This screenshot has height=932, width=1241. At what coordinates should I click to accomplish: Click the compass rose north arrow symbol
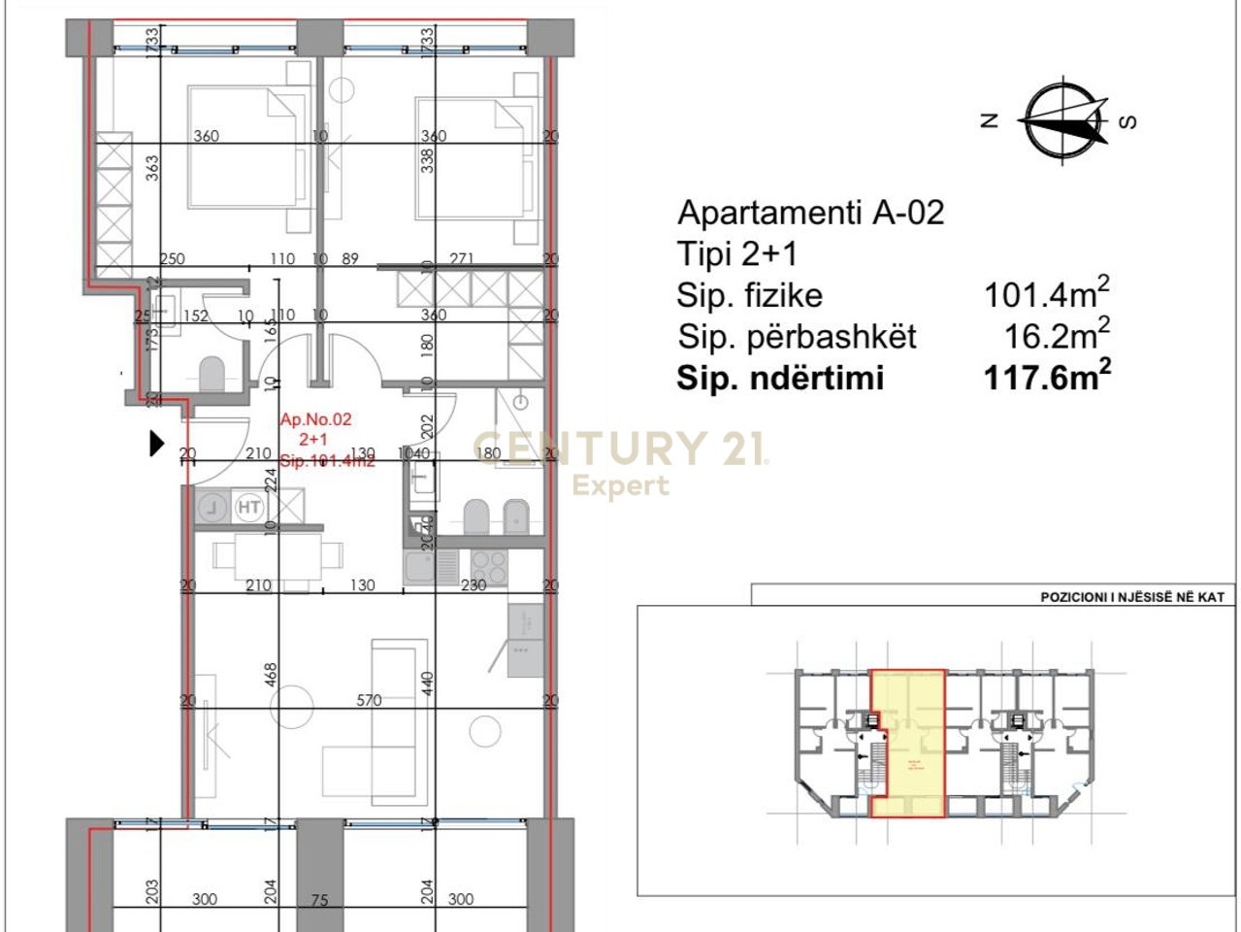[x=1065, y=121]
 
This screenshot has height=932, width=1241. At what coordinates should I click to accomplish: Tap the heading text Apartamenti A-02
[x=810, y=213]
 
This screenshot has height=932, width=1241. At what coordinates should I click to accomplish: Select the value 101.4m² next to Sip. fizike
[x=1047, y=293]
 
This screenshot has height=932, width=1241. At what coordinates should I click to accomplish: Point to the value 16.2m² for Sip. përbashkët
[x=1057, y=336]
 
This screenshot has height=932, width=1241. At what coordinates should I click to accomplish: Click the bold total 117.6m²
[x=1047, y=377]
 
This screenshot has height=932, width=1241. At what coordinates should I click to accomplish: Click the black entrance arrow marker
[x=155, y=444]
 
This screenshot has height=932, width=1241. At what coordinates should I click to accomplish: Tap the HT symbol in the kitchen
[x=249, y=507]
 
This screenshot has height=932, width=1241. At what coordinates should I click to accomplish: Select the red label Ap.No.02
[x=315, y=420]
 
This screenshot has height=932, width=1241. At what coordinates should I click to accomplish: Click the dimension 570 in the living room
[x=369, y=700]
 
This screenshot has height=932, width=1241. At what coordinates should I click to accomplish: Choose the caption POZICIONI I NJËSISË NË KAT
[x=1131, y=597]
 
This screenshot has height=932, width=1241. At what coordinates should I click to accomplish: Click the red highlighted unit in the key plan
[x=907, y=743]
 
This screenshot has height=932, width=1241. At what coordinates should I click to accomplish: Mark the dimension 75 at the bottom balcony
[x=319, y=900]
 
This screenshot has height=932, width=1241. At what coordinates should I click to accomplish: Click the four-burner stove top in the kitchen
[x=486, y=562]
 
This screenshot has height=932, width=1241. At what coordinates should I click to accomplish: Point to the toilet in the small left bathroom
[x=212, y=374]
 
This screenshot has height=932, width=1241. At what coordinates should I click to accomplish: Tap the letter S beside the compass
[x=1127, y=121]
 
